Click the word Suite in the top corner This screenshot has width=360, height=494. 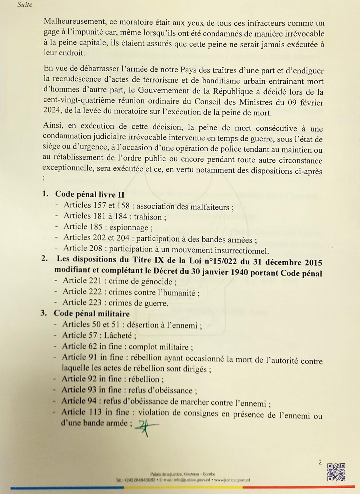pos(25,5)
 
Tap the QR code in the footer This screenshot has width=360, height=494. pos(336,472)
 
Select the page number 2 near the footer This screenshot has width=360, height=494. pos(320,462)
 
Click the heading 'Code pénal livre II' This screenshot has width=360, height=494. pos(90,194)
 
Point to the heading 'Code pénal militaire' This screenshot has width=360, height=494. pos(92,313)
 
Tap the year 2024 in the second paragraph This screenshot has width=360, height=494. pos(52,110)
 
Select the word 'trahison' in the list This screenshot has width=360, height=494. pos(148,217)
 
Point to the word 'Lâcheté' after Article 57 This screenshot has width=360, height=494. pos(119,335)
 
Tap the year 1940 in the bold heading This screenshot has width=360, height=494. pos(237,272)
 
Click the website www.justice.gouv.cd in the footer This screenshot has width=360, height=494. pos(232,480)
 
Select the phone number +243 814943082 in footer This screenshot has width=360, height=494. pos(139,480)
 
